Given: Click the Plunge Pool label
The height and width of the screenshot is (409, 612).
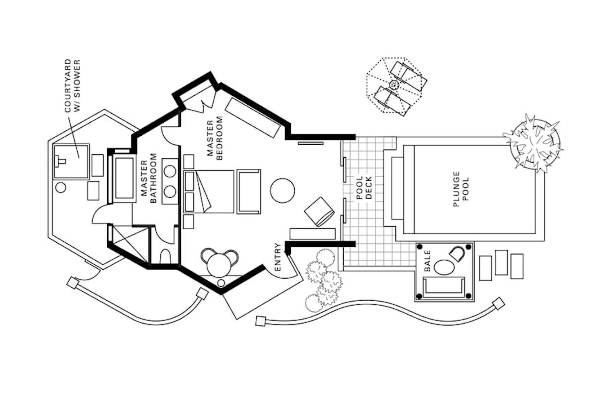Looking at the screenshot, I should click(462, 189).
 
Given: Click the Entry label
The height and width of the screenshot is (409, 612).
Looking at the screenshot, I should click(277, 257).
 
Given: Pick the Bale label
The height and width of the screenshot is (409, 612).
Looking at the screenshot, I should click(427, 261).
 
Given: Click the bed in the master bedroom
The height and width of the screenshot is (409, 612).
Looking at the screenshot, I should click(209, 191).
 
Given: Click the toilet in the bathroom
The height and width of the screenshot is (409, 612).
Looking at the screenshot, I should click(165, 256).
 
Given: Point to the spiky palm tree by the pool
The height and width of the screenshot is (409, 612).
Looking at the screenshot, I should click(533, 143).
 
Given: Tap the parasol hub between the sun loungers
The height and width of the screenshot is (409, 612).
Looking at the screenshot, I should click(394, 85).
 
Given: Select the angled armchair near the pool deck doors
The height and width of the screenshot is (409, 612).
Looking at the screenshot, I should click(319, 211).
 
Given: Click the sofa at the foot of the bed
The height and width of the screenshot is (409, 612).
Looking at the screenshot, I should click(249, 191).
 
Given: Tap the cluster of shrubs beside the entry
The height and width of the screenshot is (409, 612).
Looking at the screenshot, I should click(323, 281).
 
